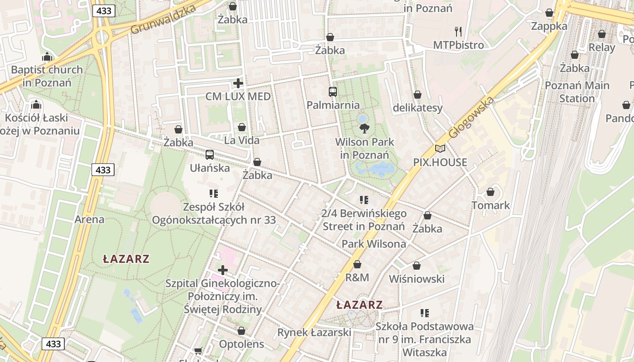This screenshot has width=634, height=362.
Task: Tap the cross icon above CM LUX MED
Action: [238, 83]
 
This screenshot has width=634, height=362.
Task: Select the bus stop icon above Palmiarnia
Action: [333, 92]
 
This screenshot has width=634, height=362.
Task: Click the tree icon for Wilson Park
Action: [364, 129]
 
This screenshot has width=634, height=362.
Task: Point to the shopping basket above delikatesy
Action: [418, 95]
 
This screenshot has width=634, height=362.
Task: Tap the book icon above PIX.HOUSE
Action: [440, 148]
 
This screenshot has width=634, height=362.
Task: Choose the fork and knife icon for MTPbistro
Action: [458, 31]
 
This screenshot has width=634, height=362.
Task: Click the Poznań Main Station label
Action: [577, 92]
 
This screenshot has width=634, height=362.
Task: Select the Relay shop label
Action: [602, 48]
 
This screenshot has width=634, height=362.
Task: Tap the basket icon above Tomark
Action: [490, 192]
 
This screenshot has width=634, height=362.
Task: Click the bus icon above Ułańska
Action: [210, 155]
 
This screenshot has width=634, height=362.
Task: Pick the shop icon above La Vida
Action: [242, 127]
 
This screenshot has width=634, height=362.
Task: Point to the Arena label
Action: [89, 219]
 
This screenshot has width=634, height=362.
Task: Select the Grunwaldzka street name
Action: [163, 20]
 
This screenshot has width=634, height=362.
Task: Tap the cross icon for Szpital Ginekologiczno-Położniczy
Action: [223, 270]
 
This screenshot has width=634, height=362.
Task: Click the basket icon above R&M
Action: [357, 264]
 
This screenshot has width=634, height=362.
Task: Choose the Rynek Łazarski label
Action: [314, 333]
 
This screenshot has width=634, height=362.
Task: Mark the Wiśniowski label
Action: [417, 279]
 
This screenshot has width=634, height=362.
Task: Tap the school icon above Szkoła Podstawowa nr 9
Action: [424, 313]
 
